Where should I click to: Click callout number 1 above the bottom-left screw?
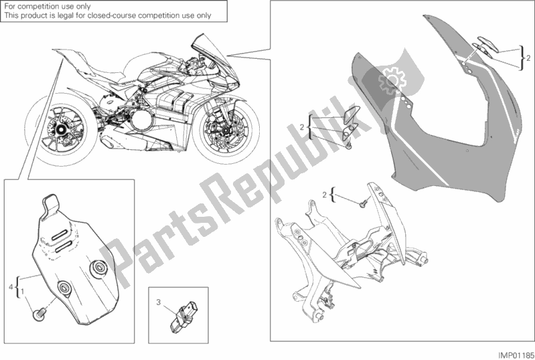tap(25, 292)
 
